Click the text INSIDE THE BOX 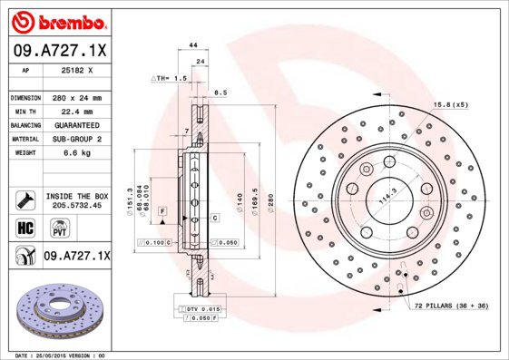76,196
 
